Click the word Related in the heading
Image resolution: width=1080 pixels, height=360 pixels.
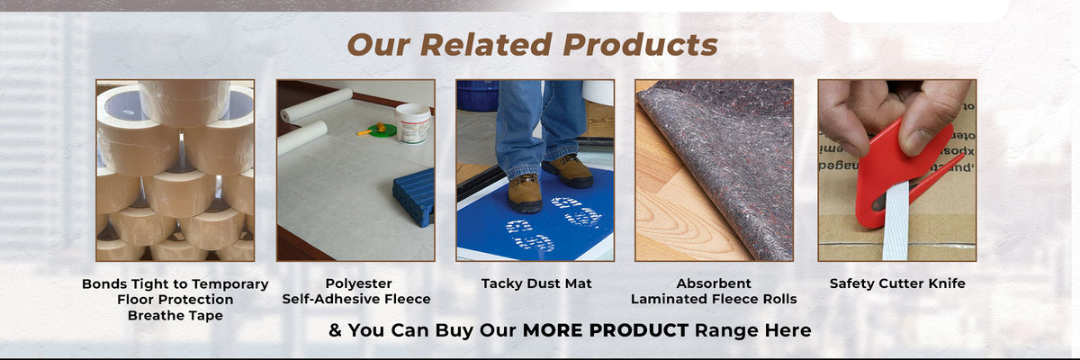click(x=486, y=45)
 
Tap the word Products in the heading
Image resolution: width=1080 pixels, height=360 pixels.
click(x=640, y=45)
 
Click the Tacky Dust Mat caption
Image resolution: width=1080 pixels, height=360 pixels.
click(x=536, y=283)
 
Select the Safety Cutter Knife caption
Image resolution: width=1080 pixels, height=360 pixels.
click(x=897, y=283)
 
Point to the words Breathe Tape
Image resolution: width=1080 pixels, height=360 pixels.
click(x=175, y=316)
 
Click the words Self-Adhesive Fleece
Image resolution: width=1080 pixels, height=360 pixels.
click(x=356, y=300)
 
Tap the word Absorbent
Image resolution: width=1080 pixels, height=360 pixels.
click(x=714, y=283)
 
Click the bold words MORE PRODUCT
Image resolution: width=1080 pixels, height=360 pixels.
click(x=606, y=330)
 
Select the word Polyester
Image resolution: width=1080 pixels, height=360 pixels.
click(x=359, y=283)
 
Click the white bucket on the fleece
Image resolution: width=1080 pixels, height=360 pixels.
click(x=413, y=124)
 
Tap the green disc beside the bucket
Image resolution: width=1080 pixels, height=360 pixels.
click(x=382, y=130)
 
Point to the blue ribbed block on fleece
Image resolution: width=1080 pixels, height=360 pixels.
click(x=414, y=196)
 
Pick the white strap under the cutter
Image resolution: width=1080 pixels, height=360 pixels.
click(x=895, y=220)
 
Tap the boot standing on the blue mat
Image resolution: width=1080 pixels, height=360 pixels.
click(x=526, y=193)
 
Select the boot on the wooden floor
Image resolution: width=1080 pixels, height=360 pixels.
click(x=568, y=171)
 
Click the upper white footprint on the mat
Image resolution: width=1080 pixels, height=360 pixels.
click(x=577, y=211)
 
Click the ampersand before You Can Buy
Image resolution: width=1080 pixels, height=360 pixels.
click(x=335, y=330)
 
